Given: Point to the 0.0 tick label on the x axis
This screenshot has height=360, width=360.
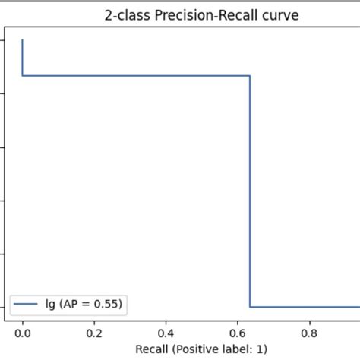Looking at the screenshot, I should [23, 332].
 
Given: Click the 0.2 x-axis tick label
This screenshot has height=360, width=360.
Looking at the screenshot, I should [94, 332].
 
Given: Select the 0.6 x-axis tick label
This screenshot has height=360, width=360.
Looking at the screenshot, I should [237, 332].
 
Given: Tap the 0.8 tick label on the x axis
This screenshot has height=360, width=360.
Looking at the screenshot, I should [309, 332].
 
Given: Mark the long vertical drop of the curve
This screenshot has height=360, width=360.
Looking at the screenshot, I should [250, 190].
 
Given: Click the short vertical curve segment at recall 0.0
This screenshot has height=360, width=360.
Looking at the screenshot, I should [23, 58].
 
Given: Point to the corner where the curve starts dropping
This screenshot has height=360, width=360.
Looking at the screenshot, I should [250, 75].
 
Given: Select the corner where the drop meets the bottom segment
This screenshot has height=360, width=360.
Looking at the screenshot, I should [250, 307].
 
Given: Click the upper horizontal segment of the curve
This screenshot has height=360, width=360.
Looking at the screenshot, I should [137, 75].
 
